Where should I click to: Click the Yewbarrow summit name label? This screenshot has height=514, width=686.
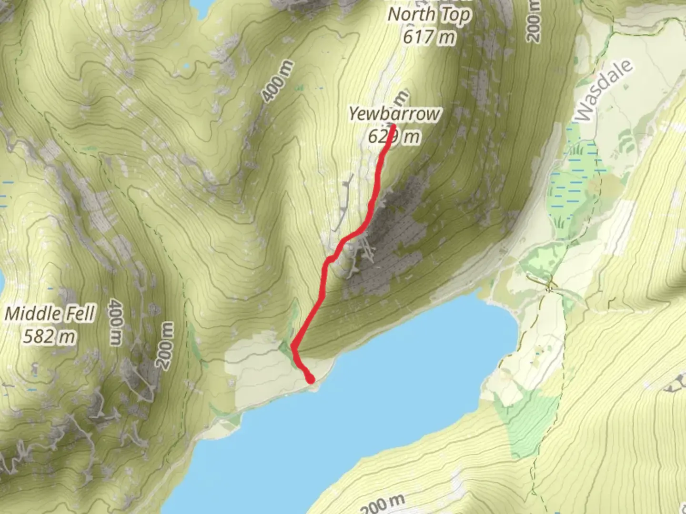394,114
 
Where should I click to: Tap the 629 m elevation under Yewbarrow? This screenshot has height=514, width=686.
394,137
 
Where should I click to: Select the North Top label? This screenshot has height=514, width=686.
429,15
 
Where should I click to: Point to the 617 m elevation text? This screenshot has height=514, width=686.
429,36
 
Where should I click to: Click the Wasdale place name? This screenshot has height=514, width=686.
604,90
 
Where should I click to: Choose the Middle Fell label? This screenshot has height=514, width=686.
50,314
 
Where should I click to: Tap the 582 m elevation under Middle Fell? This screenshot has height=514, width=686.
49,336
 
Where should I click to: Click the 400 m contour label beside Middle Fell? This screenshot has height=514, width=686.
116,322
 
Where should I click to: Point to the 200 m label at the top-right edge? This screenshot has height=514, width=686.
534,21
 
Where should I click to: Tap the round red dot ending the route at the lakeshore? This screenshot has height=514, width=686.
311,379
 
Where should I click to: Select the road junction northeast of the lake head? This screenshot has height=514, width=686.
551,287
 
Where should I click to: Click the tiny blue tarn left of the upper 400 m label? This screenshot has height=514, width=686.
186,66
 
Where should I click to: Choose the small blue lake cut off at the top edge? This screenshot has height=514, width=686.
200,5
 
